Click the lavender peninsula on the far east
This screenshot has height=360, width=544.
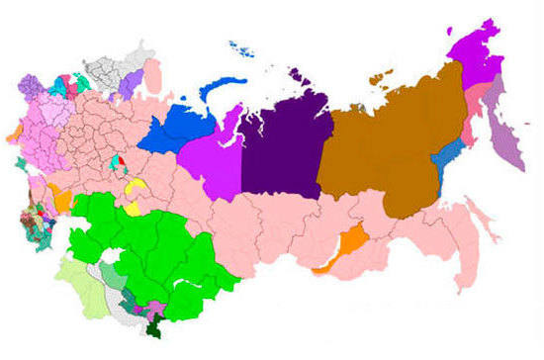[x=509, y=129]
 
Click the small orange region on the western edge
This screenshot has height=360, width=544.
[x=13, y=134]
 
